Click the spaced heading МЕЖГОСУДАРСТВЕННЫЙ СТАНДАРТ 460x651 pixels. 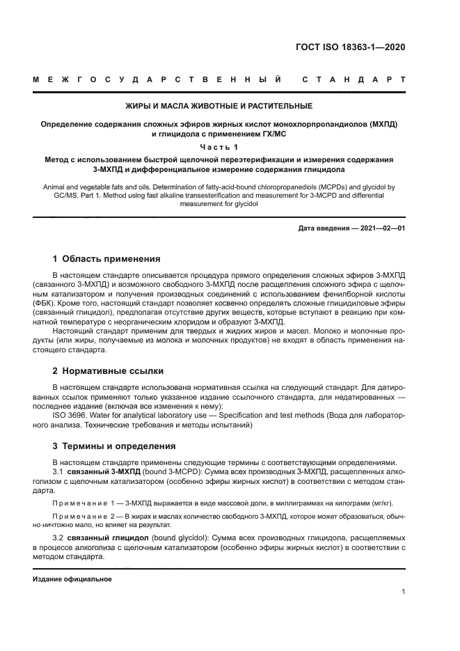click(219, 81)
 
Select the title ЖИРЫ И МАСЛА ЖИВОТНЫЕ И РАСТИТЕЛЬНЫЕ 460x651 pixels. click(219, 107)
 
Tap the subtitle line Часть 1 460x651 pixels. click(219, 146)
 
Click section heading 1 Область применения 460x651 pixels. click(102, 258)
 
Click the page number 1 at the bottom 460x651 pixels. click(403, 592)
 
